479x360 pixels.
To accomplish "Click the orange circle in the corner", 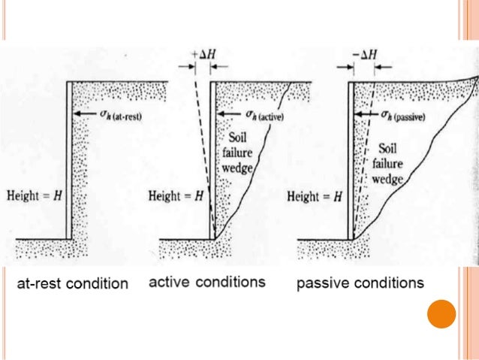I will point(441,313).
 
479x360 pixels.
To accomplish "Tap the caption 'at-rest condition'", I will point(73,284).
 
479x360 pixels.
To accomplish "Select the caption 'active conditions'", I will point(207,283).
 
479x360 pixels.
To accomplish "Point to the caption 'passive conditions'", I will point(360,283).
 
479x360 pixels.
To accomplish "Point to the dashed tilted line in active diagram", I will point(203,150).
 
